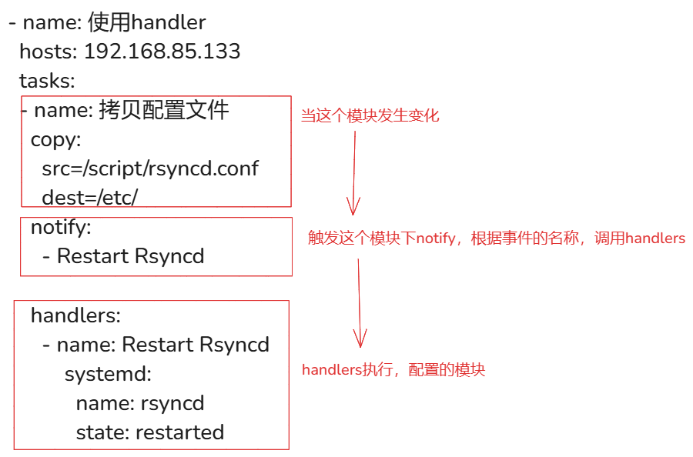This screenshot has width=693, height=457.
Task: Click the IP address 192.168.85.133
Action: (162, 52)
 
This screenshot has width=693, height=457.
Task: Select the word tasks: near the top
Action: (47, 80)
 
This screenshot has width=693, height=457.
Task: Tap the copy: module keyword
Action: (55, 139)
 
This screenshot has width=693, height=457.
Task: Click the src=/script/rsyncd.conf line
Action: (150, 168)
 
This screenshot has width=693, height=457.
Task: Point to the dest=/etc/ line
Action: (89, 197)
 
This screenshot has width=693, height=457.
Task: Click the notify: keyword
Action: (61, 227)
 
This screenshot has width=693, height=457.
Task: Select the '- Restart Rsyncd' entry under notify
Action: (123, 256)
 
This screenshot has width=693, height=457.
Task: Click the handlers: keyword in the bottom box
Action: (75, 315)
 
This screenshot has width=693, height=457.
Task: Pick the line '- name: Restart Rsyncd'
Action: (156, 344)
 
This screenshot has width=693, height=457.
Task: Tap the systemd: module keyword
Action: (108, 374)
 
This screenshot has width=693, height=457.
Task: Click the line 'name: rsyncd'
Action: (139, 403)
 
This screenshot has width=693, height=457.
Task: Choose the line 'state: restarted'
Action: (149, 432)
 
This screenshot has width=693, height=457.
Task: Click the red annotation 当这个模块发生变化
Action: (370, 116)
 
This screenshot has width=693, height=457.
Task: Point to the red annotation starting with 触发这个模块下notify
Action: (496, 239)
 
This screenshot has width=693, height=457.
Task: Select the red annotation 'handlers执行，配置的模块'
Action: (393, 370)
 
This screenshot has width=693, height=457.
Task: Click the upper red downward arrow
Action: (354, 173)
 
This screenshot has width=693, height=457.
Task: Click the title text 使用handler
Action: (147, 22)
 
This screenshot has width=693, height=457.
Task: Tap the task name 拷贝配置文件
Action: (164, 110)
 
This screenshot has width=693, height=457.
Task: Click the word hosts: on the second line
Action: (48, 52)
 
